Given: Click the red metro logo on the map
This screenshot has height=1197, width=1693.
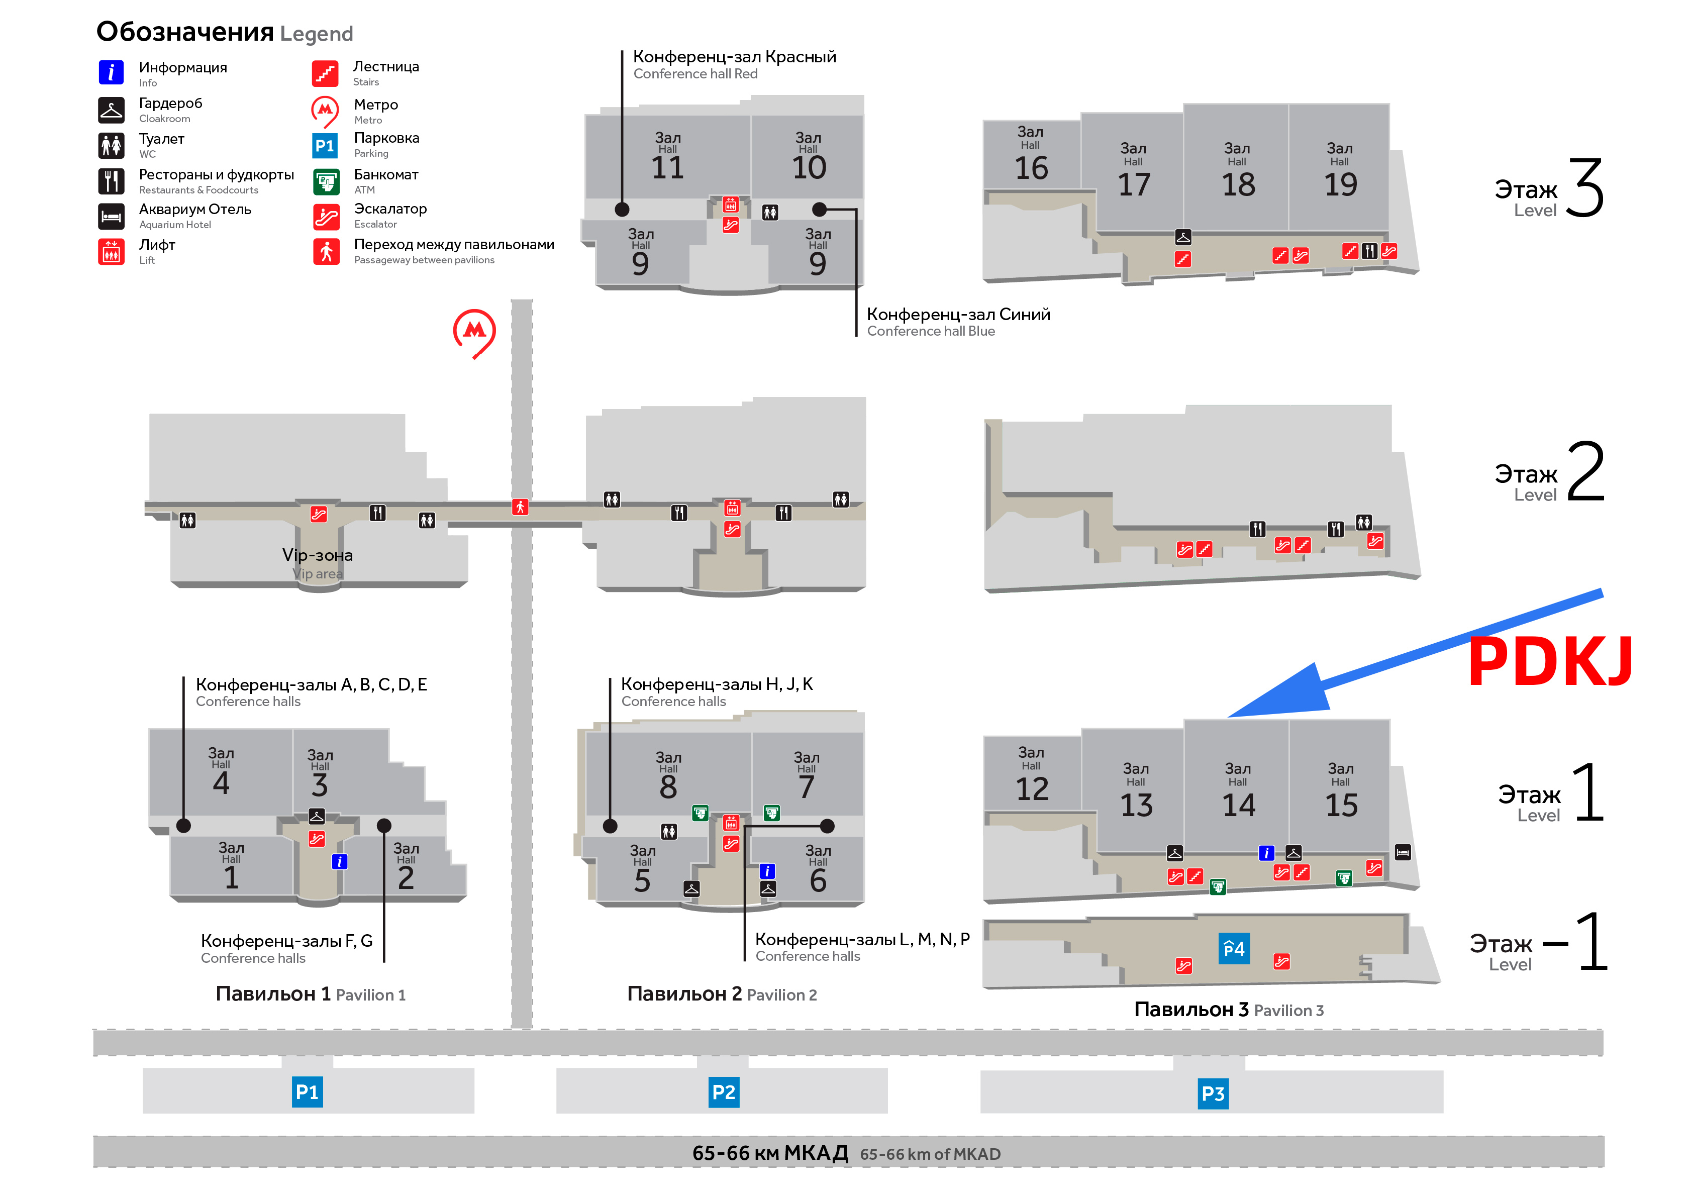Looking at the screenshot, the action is (474, 333).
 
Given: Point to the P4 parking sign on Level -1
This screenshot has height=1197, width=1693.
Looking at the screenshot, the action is (1234, 948).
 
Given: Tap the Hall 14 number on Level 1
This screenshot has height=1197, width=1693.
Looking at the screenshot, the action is (1239, 805).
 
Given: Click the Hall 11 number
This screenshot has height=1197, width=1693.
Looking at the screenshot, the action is (668, 167).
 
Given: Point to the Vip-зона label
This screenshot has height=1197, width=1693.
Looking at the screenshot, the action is (317, 555).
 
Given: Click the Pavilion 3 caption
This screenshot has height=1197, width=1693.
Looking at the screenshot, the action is (1229, 1009).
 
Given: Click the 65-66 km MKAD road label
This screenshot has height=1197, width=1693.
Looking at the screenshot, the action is (846, 1153).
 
